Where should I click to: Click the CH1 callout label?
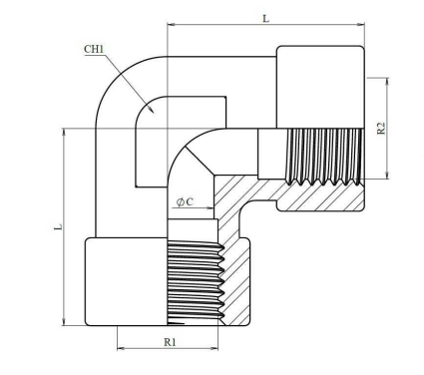pyautogui.click(x=94, y=49)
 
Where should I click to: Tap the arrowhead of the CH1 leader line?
pyautogui.click(x=151, y=110)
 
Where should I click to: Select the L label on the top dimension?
pyautogui.click(x=265, y=19)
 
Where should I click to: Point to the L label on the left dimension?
pyautogui.click(x=59, y=227)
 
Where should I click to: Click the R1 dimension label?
pyautogui.click(x=170, y=342)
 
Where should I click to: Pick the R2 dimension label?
pyautogui.click(x=381, y=128)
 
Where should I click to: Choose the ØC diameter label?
pyautogui.click(x=185, y=201)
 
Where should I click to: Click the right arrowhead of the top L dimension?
pyautogui.click(x=360, y=24)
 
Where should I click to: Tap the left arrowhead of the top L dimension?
pyautogui.click(x=172, y=24)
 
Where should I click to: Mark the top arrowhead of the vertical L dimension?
pyautogui.click(x=63, y=132)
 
